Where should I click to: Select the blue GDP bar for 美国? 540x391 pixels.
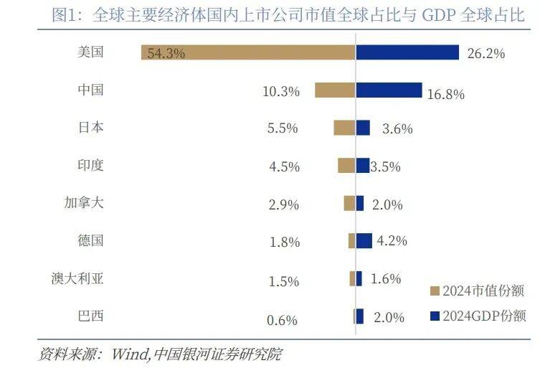coord(407,52)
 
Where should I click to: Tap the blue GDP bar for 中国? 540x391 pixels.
coord(389,90)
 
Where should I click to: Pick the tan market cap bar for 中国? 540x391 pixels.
coord(335,90)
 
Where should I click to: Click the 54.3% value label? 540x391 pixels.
coord(166,53)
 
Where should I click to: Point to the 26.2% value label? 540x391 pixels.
coord(485,54)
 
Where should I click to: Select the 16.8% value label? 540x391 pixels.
coord(446,94)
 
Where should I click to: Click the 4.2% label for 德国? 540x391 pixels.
coord(392,241)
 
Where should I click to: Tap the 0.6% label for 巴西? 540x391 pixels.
coord(282,320)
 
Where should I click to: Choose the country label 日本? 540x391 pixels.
coord(91,128)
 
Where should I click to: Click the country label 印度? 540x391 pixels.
coord(91,165)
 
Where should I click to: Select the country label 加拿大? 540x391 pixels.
coord(85,202)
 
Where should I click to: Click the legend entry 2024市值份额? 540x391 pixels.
coord(477,291)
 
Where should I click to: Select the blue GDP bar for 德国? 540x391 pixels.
coord(364,240)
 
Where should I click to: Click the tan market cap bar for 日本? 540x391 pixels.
coord(344,128)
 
